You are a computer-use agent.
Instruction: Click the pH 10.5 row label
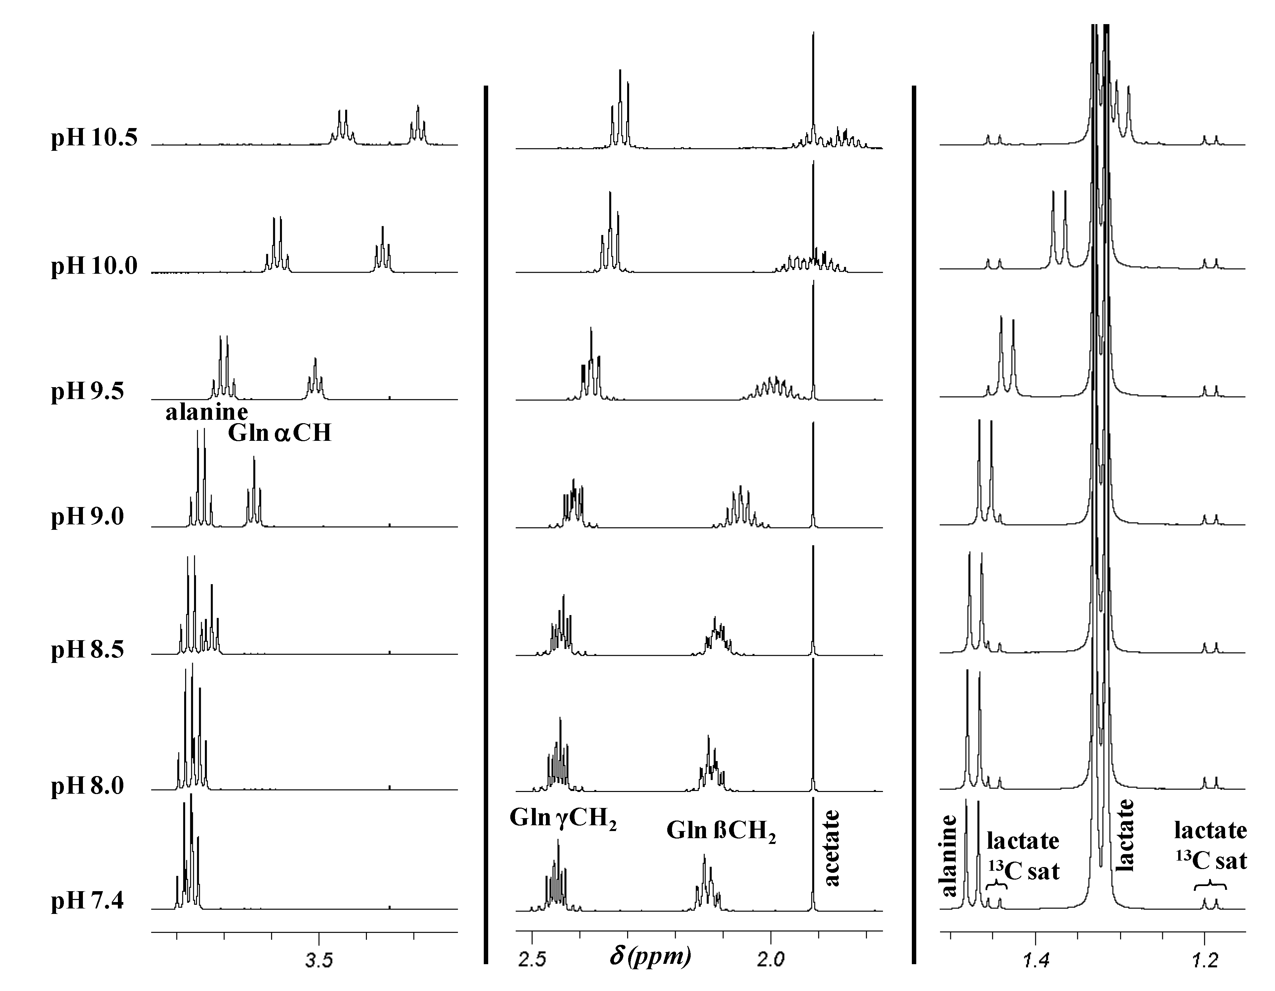tap(94, 138)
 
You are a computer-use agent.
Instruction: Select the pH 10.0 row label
tap(94, 266)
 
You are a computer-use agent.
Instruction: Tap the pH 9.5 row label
tap(88, 391)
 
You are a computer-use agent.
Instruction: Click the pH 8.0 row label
tap(88, 786)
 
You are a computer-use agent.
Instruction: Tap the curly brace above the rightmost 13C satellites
tap(1210, 884)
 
